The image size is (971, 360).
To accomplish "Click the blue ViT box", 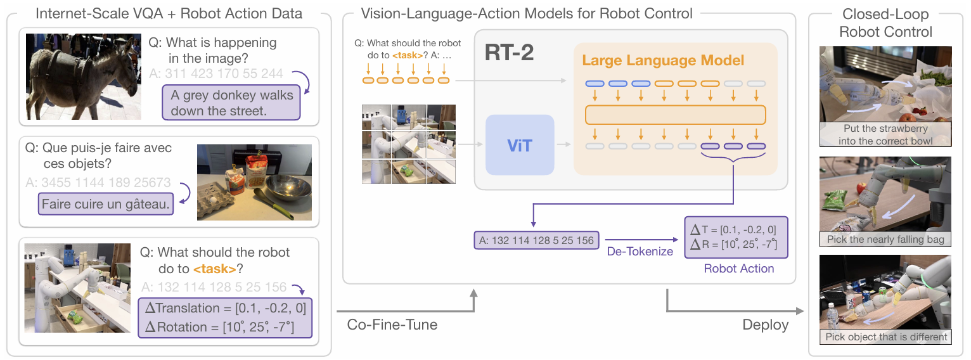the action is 520,145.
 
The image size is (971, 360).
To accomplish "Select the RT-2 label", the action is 509,53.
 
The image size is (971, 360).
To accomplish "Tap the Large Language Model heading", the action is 663,60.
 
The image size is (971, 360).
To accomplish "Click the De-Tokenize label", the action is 640,252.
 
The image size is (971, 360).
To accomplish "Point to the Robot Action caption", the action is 738,269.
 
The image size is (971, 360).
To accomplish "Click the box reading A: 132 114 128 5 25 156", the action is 537,240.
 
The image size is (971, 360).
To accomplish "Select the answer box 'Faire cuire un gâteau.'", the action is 106,204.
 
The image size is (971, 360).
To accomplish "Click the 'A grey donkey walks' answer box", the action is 231,103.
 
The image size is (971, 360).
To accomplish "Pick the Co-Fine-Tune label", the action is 392,325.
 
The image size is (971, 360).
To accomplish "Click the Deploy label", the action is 766,325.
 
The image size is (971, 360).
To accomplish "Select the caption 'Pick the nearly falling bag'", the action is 885,240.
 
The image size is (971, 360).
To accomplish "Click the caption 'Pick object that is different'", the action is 886,337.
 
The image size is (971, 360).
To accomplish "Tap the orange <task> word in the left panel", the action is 215,269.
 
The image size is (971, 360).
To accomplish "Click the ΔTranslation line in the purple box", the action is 226,308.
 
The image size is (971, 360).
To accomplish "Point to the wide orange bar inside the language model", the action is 676,115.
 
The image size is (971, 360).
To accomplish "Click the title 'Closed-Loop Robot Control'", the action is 885,23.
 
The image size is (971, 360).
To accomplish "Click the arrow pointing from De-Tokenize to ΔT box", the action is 641,240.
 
